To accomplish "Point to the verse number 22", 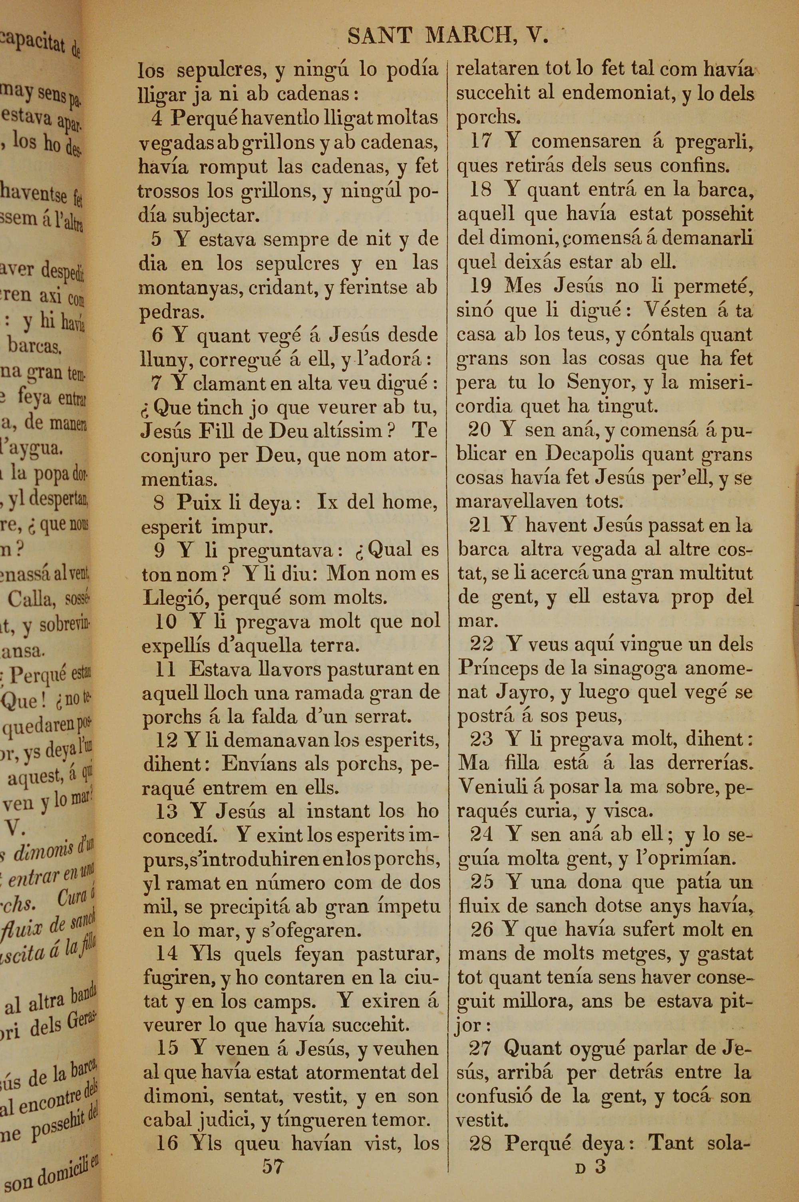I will point(481,645).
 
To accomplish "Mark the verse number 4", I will point(157,119).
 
